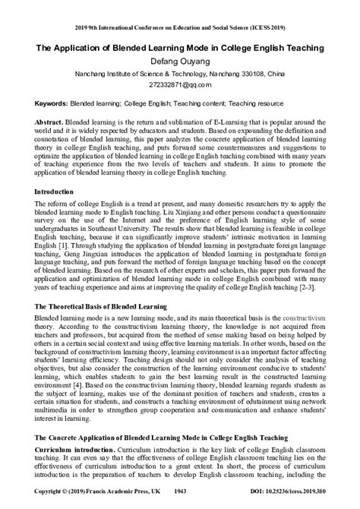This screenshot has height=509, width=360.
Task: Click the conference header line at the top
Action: coord(180,7)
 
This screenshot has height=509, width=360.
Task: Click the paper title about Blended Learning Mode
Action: coord(180,47)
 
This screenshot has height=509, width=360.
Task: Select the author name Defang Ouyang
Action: coord(180,61)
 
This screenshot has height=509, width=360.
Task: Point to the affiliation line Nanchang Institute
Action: coord(180,74)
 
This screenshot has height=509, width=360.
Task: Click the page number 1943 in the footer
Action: coord(180,503)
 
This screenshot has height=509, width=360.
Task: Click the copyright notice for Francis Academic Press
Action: coord(84,503)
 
